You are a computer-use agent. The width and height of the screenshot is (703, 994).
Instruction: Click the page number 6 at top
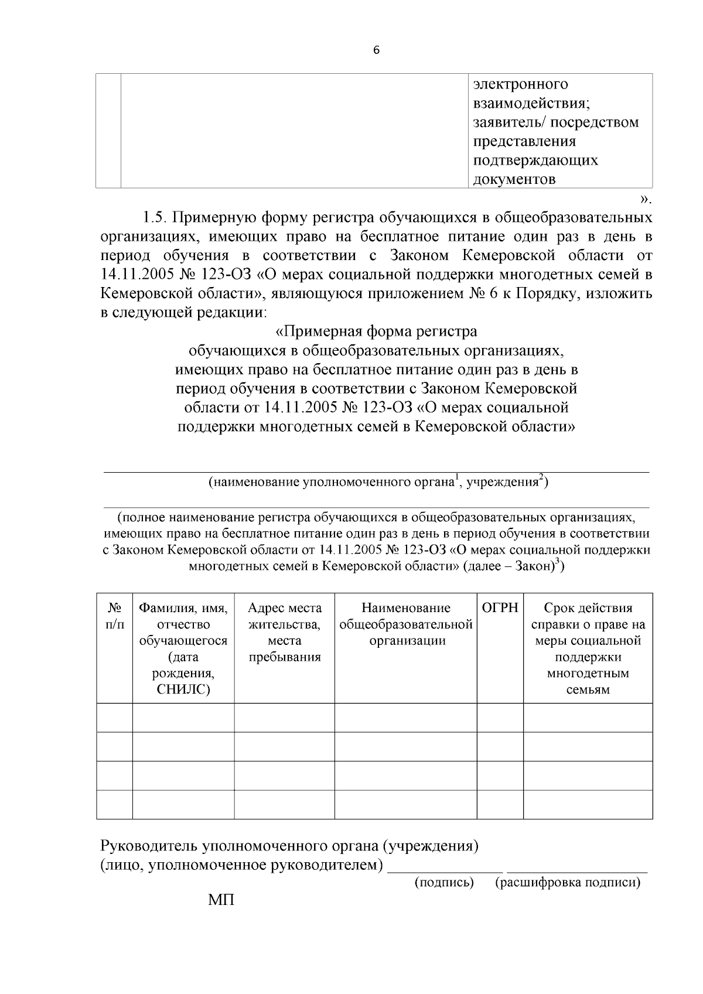(376, 51)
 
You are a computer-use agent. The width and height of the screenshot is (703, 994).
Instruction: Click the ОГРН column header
(500, 608)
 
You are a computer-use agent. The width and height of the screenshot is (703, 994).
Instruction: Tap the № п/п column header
(114, 616)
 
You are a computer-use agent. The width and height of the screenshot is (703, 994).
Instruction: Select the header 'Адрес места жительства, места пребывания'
(285, 632)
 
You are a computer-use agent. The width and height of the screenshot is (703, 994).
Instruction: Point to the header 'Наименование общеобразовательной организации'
(406, 624)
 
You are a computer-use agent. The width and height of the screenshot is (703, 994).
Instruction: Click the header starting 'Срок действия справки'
(588, 648)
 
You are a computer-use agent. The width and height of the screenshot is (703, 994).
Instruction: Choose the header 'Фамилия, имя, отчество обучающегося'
(183, 648)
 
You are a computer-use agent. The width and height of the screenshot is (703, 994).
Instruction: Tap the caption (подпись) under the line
(444, 882)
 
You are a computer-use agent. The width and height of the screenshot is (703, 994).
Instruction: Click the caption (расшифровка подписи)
(568, 882)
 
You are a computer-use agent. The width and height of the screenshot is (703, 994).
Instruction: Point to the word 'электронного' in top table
(520, 84)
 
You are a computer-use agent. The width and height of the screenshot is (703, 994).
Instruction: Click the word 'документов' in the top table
(514, 179)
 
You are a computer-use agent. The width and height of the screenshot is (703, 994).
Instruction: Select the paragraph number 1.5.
(155, 218)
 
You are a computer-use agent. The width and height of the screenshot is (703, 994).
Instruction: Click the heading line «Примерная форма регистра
(376, 332)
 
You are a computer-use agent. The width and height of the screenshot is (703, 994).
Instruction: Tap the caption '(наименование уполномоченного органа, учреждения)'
(378, 482)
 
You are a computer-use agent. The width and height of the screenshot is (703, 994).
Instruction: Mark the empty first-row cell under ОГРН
(500, 718)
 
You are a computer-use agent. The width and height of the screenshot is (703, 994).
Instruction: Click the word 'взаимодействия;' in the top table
(531, 104)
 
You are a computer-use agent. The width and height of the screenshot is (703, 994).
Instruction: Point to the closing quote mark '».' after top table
(646, 198)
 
